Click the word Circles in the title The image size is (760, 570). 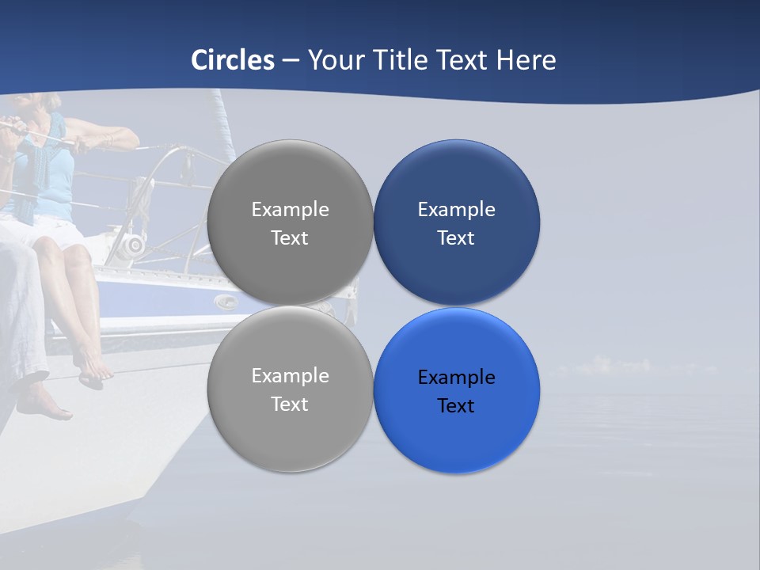[233, 60]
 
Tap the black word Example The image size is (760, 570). [457, 378]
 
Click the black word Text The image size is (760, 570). [456, 406]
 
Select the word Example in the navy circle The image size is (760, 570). [457, 210]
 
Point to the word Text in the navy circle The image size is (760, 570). [456, 238]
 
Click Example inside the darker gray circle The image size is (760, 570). [290, 210]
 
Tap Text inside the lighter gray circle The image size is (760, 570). [290, 405]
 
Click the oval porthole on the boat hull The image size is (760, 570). [226, 301]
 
